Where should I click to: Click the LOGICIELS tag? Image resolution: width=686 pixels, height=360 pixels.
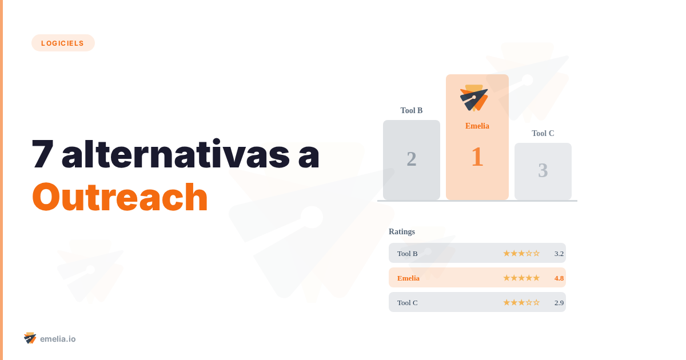coord(63,43)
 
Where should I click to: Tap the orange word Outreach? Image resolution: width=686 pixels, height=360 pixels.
coord(119,197)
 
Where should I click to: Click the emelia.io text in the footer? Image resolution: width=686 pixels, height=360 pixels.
coord(58,339)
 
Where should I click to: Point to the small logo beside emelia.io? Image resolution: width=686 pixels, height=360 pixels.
coord(30,338)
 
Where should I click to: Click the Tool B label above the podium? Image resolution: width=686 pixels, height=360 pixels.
coord(412,110)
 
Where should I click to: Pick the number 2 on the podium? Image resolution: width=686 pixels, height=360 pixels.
coord(412,159)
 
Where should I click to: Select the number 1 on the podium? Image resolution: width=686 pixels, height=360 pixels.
coord(477,157)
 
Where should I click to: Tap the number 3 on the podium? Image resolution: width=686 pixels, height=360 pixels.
coord(543,170)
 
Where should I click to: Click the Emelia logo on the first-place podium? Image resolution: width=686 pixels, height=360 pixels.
coord(474,98)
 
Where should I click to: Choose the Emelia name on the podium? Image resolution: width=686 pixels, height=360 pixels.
coord(477,126)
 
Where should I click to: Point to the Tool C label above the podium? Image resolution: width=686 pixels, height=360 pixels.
coord(543,133)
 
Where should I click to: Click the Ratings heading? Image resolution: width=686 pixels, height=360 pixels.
coord(402,231)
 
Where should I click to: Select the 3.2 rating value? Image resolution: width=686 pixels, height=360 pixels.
coord(559,253)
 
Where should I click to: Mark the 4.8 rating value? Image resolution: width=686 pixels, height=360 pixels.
coord(559,278)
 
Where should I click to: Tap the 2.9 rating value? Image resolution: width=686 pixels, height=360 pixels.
coord(559,302)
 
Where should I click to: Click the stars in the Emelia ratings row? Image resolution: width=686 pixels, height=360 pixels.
coord(521,278)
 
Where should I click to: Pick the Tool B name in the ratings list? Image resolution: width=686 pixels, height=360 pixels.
coord(408,253)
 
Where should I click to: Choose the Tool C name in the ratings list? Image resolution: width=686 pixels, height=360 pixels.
coord(408,302)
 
